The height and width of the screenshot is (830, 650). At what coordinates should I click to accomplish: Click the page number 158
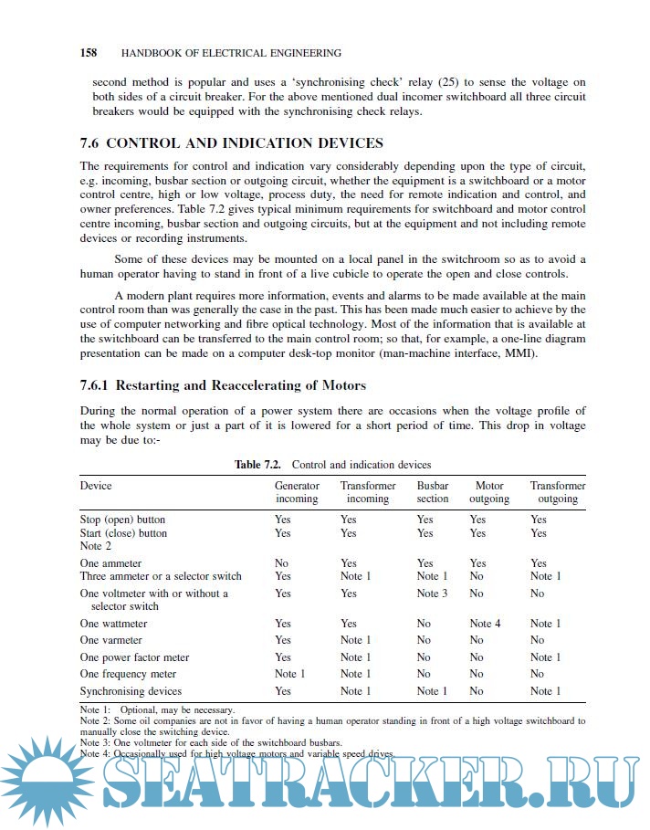[x=89, y=53]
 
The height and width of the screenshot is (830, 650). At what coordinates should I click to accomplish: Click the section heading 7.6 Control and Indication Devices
[x=232, y=143]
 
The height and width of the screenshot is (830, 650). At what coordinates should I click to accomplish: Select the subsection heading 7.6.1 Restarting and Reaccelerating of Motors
[x=223, y=384]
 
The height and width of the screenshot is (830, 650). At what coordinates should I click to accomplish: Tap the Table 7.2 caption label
[x=257, y=465]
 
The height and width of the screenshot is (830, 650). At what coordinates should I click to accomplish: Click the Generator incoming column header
[x=297, y=492]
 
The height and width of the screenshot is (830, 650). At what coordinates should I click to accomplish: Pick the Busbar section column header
[x=433, y=492]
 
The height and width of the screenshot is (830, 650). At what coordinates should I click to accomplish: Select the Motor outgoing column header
[x=489, y=492]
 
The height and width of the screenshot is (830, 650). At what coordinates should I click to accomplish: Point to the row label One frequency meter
[x=128, y=674]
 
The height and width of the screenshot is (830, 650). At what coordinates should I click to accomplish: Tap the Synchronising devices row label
[x=131, y=691]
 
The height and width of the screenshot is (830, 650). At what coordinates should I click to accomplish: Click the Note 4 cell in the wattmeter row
[x=486, y=624]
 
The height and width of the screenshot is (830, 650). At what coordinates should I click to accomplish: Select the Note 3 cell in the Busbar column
[x=433, y=594]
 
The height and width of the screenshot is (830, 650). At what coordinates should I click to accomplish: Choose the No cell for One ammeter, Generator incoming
[x=282, y=563]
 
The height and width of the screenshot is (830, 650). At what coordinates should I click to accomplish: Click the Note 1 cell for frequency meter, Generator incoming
[x=290, y=674]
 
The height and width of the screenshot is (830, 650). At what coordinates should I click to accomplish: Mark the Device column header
[x=96, y=486]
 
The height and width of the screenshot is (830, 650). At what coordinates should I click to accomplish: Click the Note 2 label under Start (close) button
[x=95, y=546]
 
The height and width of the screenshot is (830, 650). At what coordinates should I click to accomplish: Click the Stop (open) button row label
[x=122, y=520]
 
